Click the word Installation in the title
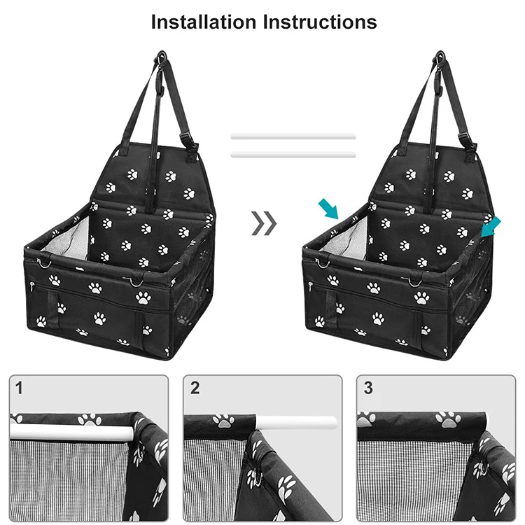coord(204,22)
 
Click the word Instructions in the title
coord(320,22)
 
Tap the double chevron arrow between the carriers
coord(264,223)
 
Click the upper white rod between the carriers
coord(293,137)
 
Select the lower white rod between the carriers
coord(293,153)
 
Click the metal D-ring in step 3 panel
coord(480,467)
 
